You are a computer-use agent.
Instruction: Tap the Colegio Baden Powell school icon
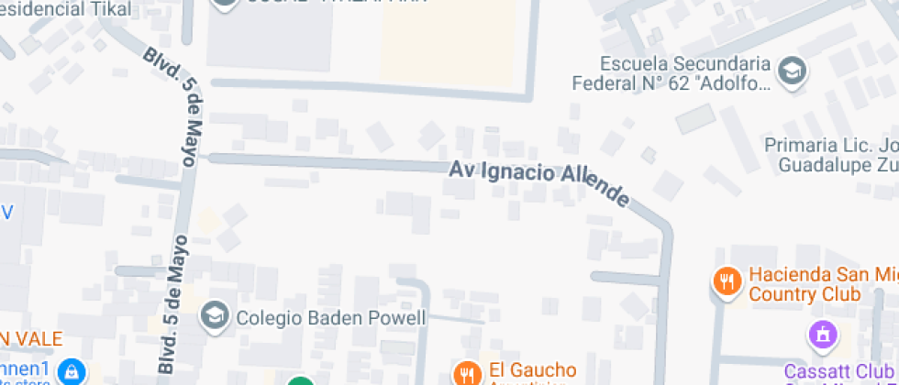[x=215, y=317]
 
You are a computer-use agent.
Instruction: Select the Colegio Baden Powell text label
[x=331, y=318]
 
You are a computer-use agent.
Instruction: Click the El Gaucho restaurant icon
[x=467, y=373]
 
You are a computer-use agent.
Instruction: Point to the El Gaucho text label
[x=532, y=370]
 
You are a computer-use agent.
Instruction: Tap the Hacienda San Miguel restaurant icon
[x=727, y=280]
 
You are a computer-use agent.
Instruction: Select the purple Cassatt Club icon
[x=821, y=335]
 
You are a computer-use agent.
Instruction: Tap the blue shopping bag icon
[x=71, y=371]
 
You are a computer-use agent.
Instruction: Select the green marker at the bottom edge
[x=299, y=380]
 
